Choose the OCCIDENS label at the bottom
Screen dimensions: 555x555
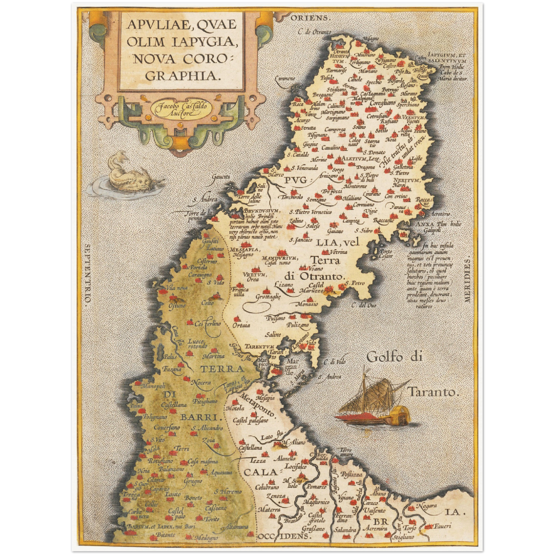point(284,536)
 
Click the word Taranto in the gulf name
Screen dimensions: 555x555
point(434,393)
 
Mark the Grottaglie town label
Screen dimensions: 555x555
point(268,297)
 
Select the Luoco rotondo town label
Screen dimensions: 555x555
point(197,343)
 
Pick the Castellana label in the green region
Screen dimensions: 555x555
point(174,405)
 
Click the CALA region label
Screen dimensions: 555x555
point(260,472)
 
